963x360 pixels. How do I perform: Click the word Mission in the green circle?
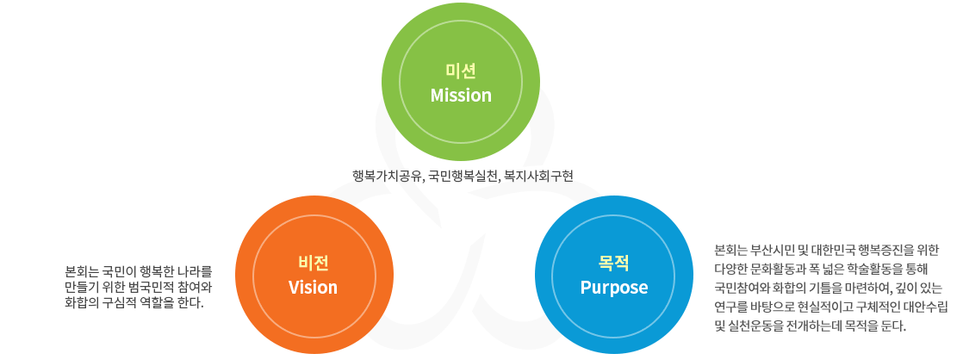(461, 96)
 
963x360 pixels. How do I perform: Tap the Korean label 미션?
(461, 71)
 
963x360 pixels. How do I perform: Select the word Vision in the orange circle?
(314, 287)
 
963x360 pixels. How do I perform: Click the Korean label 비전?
(314, 263)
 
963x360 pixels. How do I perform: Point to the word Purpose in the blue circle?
(614, 288)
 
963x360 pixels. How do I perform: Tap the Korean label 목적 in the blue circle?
(614, 263)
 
